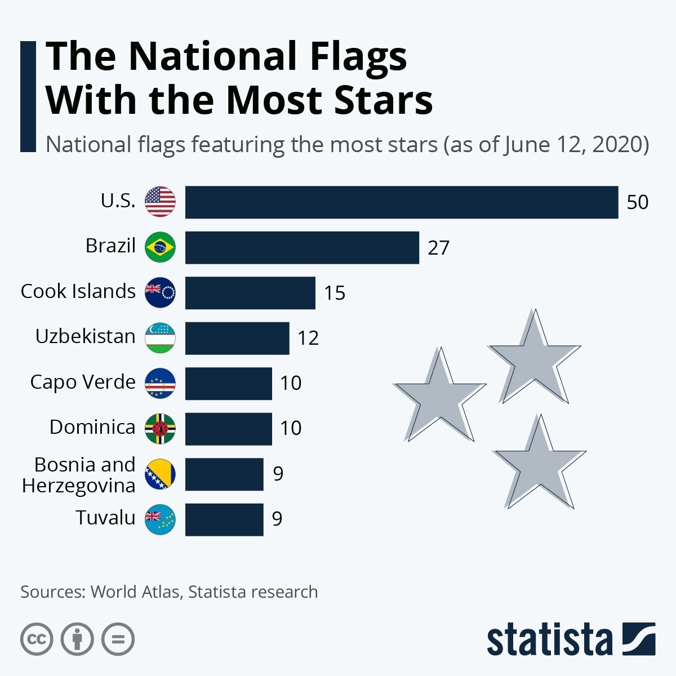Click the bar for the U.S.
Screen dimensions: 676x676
point(401,202)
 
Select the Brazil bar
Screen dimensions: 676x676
point(302,247)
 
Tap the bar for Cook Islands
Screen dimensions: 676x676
point(250,293)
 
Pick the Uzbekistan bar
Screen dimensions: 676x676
point(237,338)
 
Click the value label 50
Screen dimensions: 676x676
point(637,202)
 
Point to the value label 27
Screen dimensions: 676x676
point(438,248)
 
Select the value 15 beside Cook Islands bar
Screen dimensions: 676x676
point(335,293)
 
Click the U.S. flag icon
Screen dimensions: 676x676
point(160,202)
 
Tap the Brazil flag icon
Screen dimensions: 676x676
point(160,247)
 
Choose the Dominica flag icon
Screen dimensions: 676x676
point(160,429)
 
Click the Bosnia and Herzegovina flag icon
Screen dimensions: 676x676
point(160,474)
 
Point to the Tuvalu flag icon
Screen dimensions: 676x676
point(160,519)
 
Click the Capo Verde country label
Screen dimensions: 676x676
point(83,382)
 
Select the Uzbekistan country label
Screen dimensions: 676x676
point(85,336)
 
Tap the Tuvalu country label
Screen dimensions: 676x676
point(105,518)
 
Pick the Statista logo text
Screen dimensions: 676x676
point(549,640)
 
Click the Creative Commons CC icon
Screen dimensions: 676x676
point(37,639)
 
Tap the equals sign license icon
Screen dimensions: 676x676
point(118,639)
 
